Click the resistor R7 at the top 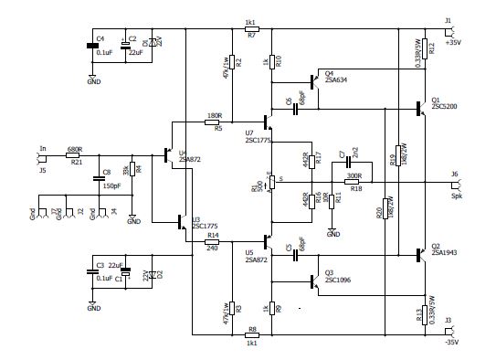click(251, 28)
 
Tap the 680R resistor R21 click(75, 155)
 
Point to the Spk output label click(454, 195)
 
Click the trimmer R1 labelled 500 click(272, 183)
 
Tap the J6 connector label click(454, 173)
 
